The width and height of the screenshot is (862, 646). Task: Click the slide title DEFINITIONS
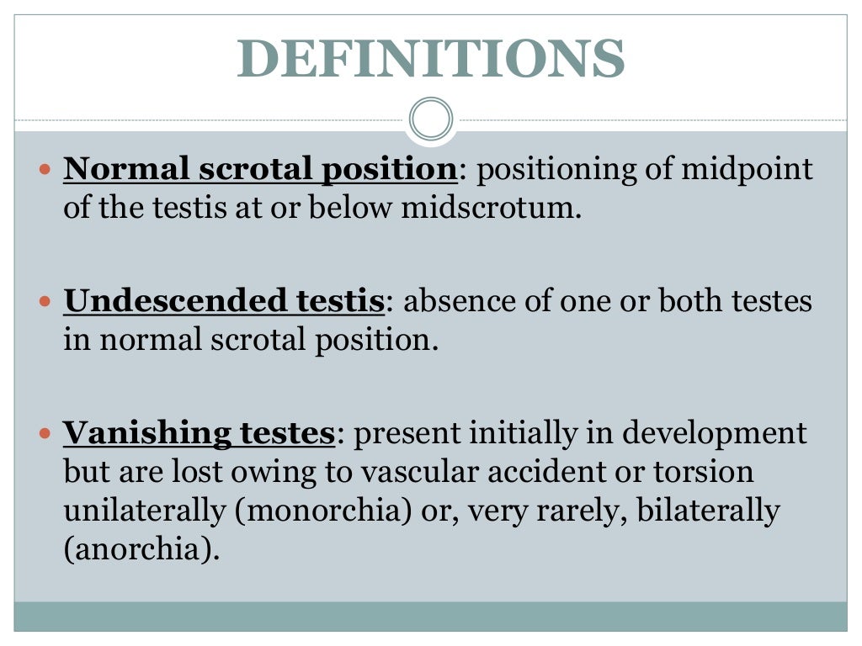[x=430, y=58]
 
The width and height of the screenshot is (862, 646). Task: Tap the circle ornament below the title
[x=430, y=119]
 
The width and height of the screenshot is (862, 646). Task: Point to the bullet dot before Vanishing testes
[x=45, y=435]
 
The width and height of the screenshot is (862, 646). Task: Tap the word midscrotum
[x=490, y=208]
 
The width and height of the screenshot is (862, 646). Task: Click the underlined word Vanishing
[x=146, y=434]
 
